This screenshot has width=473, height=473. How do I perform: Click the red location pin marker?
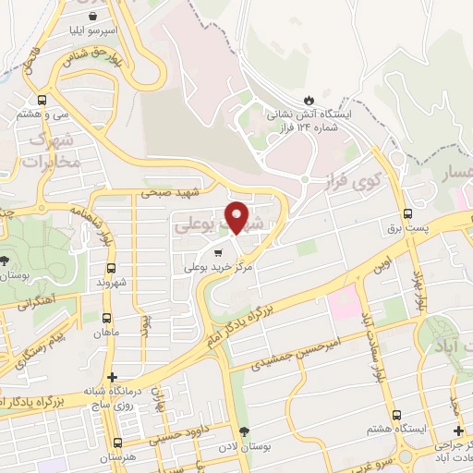tap(237, 216)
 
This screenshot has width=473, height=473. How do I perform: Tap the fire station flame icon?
tap(309, 100)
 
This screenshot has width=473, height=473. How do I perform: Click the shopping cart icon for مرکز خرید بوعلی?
tap(218, 251)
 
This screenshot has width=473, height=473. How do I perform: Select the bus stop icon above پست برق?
tap(406, 211)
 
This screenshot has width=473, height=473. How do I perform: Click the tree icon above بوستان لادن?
tap(244, 432)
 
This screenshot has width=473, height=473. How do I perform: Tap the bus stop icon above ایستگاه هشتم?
tap(396, 416)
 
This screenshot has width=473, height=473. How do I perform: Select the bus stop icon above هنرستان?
tap(117, 443)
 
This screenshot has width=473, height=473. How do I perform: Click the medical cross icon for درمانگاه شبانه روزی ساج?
tap(113, 377)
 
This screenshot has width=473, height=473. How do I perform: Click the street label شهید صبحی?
tap(171, 192)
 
